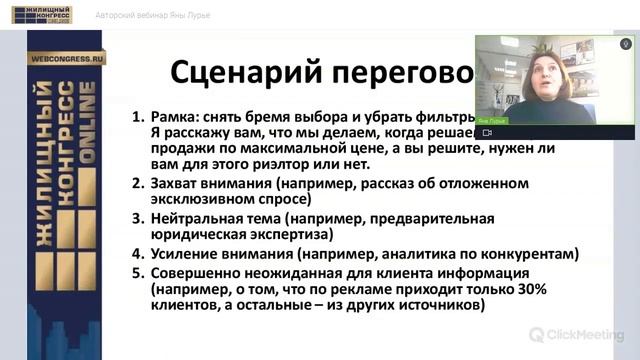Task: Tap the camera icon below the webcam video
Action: (x=487, y=132)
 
